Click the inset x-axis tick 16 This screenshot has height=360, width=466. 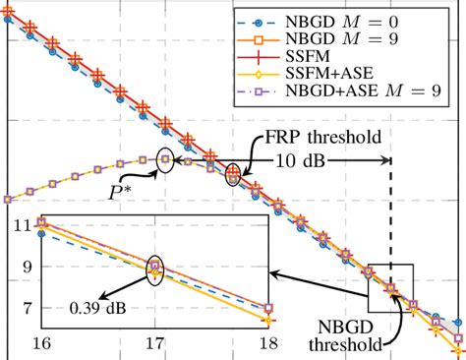(41, 344)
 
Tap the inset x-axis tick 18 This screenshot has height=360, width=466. (269, 344)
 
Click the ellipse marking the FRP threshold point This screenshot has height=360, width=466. (233, 175)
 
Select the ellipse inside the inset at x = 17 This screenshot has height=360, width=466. (154, 268)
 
